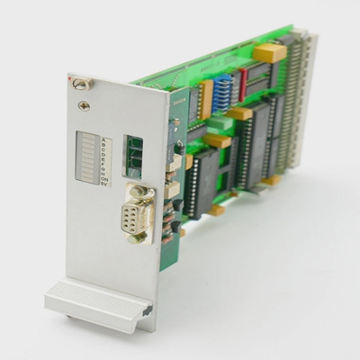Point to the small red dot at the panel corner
69,79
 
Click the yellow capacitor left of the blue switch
204,93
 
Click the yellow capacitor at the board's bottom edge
217,211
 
